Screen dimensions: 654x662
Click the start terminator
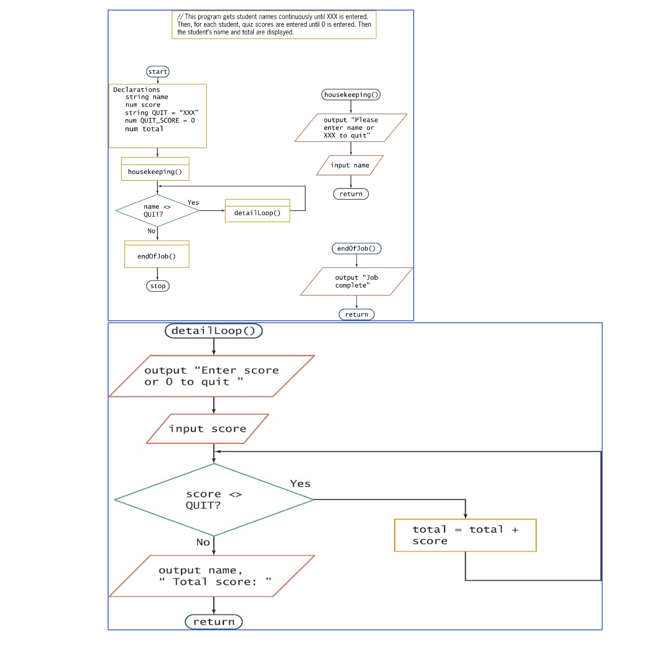point(157,72)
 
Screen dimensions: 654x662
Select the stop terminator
point(157,286)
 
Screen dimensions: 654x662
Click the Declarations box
point(157,116)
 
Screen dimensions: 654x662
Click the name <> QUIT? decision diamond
point(157,211)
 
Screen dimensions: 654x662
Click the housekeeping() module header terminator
point(351,95)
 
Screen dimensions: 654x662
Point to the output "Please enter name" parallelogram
point(351,128)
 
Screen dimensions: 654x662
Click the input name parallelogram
point(350,165)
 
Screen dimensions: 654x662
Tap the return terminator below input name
point(351,194)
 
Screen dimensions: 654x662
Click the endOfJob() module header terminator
point(356,248)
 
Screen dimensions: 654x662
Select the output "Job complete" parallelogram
point(356,282)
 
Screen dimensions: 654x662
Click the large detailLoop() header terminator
point(214,331)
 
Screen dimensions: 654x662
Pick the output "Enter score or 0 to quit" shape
point(212,376)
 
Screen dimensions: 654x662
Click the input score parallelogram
point(208,429)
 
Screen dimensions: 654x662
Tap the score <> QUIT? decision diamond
point(214,500)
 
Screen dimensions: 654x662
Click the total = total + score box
point(465,535)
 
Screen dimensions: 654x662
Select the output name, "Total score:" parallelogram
point(212,576)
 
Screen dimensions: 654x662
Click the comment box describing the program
point(274,25)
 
